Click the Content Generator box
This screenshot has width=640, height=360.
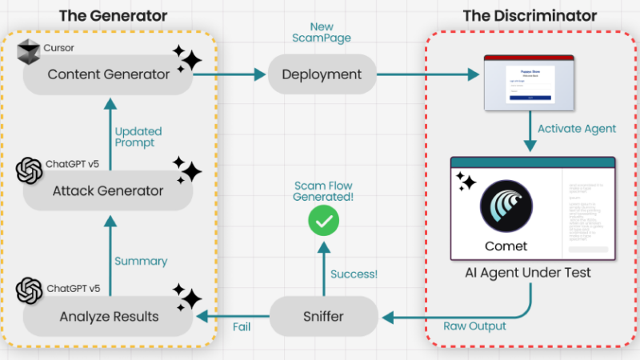(108, 74)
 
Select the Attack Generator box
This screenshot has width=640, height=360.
(108, 190)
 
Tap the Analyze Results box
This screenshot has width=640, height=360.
(108, 316)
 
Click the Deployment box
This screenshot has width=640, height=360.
(322, 74)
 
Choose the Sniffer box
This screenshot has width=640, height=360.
(323, 316)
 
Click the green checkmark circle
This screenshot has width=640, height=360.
(324, 221)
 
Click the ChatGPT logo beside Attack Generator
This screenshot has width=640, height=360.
(30, 170)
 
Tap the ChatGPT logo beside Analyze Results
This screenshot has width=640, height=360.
(30, 290)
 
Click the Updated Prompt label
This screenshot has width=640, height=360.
(138, 137)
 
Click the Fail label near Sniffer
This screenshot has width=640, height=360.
(242, 327)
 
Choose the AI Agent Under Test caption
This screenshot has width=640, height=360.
(528, 273)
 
